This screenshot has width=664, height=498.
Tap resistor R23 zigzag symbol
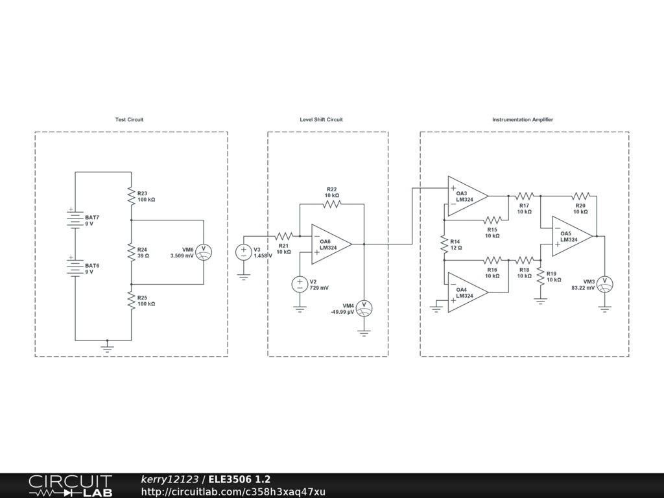(x=131, y=196)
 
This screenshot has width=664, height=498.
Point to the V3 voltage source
(x=244, y=252)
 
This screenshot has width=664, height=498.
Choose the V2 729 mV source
(x=300, y=284)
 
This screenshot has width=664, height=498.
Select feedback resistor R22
(x=331, y=204)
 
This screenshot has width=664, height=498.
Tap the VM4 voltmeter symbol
(x=364, y=307)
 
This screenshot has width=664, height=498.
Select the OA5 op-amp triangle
(x=571, y=236)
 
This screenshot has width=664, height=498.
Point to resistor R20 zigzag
(x=580, y=196)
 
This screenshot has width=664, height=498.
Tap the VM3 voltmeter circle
(x=605, y=283)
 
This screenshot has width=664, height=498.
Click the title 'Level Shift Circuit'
(x=321, y=120)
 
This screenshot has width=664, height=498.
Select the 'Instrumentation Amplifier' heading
(x=523, y=120)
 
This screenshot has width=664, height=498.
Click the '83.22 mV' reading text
(x=583, y=288)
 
